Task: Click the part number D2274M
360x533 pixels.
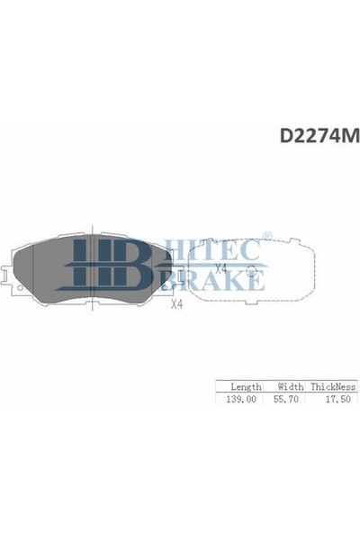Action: pos(319,136)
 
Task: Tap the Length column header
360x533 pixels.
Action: pos(246,387)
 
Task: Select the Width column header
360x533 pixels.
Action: pos(291,386)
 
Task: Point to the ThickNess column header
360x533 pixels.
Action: pos(333,386)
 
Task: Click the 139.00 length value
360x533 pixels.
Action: pos(241,399)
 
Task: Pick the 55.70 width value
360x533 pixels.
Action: pos(286,399)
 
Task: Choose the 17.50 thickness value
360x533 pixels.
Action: pos(337,399)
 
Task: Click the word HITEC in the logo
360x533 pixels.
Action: pos(211,250)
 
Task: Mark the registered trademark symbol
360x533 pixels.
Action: pos(267,236)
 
